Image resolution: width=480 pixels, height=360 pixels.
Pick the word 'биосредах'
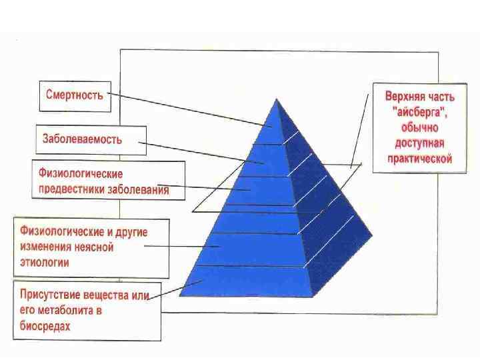(x=45, y=327)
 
